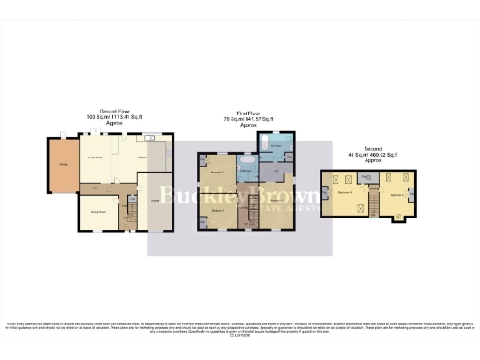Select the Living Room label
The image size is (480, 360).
94,160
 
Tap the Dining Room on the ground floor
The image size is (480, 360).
97,213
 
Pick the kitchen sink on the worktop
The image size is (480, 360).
151,139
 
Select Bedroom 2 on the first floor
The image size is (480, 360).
217,174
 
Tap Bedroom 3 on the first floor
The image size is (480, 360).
217,213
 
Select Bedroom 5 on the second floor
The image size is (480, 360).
397,194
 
